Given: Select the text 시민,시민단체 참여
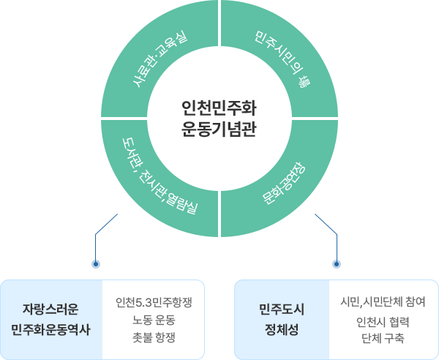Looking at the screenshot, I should (383, 301).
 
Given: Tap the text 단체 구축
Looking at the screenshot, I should (383, 338).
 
